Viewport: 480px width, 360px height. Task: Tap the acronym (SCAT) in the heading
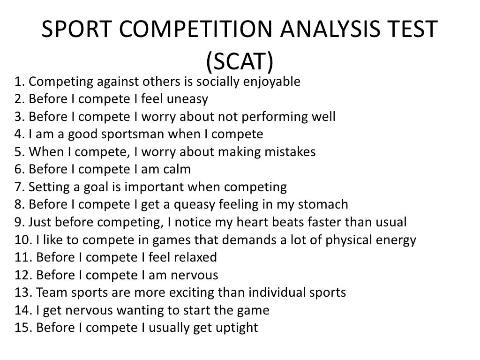coord(240,60)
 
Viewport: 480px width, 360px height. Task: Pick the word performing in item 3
coord(264,117)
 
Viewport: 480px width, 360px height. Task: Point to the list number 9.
coord(19,222)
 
